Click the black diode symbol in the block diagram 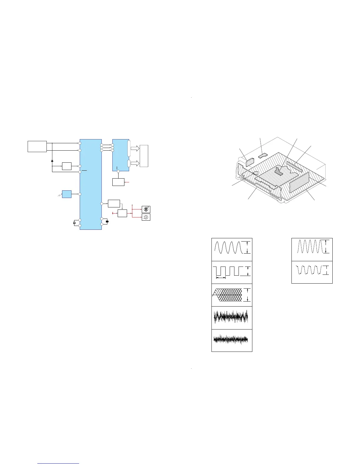coord(52,161)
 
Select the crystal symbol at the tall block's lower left coord(75,223)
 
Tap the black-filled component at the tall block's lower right coord(107,221)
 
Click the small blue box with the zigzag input coord(67,194)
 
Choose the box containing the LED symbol coord(146,209)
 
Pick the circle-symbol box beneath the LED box coord(146,217)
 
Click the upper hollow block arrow coord(135,148)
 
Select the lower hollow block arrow coord(135,164)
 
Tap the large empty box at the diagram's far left coord(37,147)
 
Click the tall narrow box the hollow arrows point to coord(144,156)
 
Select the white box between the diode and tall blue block coord(67,166)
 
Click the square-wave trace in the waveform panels coord(228,271)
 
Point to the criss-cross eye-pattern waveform coord(228,295)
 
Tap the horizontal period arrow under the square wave coord(221,277)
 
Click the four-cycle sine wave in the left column coord(228,247)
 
